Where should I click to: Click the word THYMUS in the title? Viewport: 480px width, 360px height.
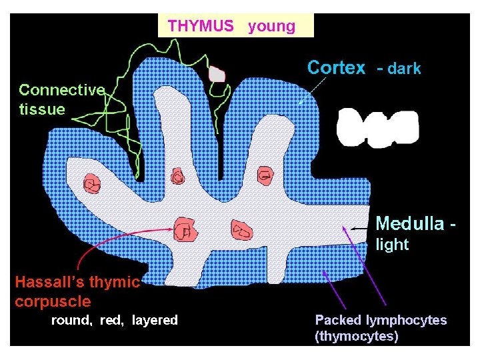point(201,26)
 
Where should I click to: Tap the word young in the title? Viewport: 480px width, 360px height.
point(271,27)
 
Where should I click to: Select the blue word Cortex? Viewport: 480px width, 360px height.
point(336,67)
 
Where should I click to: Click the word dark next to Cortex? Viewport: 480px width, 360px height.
point(404,68)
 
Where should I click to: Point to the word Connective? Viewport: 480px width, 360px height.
point(61,89)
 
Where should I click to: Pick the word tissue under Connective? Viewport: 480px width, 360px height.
point(42,109)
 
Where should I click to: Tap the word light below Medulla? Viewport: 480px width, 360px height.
point(393,244)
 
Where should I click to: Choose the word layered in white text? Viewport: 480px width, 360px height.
point(155,320)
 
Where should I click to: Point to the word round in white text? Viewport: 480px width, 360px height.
point(73,320)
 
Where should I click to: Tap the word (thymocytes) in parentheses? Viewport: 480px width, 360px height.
point(356,336)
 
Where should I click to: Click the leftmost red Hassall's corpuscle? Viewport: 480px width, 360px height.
point(91,183)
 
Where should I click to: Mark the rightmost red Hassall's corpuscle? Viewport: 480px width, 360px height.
point(266,175)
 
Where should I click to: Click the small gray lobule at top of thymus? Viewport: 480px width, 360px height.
point(217,73)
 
